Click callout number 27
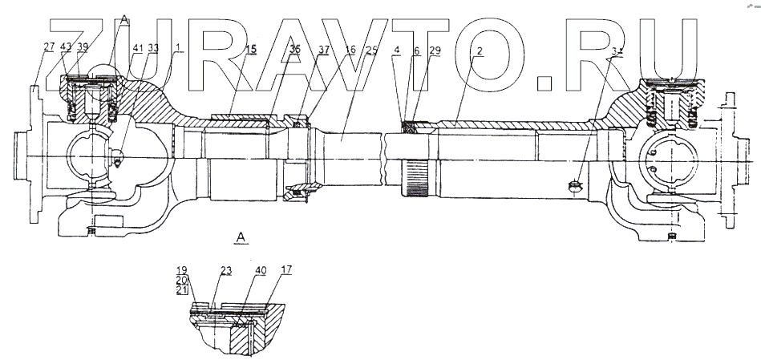click(49, 47)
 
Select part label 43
click(65, 47)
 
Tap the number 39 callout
click(83, 47)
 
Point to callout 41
click(138, 48)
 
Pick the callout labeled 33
click(152, 48)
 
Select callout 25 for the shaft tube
click(370, 50)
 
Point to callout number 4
click(396, 51)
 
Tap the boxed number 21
click(182, 289)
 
